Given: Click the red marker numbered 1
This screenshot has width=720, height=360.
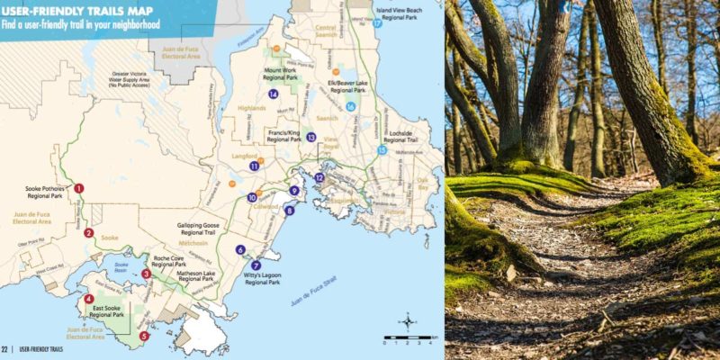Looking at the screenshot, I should (x=78, y=188).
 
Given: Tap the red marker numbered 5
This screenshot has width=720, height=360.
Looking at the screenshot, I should (x=144, y=336).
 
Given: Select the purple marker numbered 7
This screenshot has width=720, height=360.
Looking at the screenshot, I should (x=256, y=265).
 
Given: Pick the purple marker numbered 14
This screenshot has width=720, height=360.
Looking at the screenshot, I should (x=272, y=94).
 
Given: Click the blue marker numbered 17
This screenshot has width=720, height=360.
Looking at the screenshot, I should (x=378, y=24).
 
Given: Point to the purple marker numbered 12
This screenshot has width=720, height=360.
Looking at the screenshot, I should (x=319, y=177).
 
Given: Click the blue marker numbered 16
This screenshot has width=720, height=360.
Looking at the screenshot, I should (x=351, y=106).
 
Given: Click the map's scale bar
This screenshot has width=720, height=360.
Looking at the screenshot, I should (x=409, y=341).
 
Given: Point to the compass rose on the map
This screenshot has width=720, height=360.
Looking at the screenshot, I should (x=408, y=321).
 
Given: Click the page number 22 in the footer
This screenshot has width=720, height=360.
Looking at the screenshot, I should (x=5, y=348).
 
